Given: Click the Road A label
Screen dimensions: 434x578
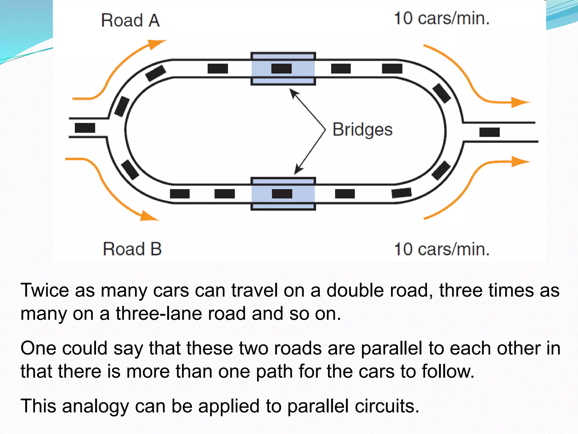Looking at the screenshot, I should click(130, 21).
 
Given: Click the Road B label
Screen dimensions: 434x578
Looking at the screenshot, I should click(132, 249).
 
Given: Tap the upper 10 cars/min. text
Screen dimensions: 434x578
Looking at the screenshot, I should click(441, 19).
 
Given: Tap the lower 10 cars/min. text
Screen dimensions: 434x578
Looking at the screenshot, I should click(441, 249).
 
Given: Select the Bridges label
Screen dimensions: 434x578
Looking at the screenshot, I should click(362, 130).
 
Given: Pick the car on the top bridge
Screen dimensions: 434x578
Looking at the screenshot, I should click(281, 69).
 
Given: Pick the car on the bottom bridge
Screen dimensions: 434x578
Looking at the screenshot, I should click(282, 194).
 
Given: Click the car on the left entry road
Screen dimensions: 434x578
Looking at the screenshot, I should click(85, 128).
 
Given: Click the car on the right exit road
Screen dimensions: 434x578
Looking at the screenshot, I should click(489, 132).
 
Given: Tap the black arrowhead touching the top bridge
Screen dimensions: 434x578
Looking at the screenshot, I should click(294, 93).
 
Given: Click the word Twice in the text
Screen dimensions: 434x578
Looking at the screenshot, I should click(45, 290).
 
